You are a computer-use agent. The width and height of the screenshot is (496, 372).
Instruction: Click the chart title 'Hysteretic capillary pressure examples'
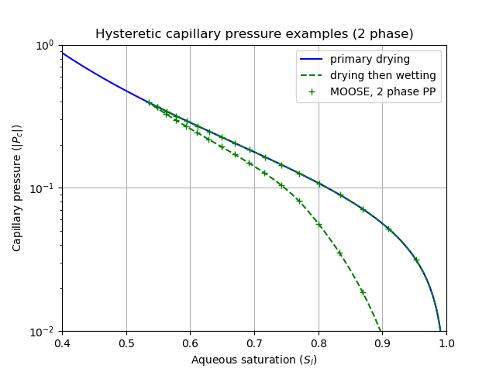[x=254, y=34]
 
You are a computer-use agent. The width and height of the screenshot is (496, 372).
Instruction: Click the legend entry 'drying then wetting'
[x=383, y=75]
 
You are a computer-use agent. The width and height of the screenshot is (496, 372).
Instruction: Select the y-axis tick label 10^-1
[x=45, y=188]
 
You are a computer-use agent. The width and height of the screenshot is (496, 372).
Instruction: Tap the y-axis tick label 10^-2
[x=45, y=332]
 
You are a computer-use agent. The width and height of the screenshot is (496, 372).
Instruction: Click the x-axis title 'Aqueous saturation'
[x=254, y=360]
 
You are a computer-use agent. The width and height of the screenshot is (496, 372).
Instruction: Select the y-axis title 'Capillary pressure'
[x=17, y=188]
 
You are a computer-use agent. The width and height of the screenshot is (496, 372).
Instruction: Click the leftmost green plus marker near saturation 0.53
[x=150, y=102]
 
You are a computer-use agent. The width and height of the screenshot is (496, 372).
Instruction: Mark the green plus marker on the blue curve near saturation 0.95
[x=416, y=260]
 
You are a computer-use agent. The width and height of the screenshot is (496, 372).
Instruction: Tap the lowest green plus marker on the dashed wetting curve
[x=362, y=292]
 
